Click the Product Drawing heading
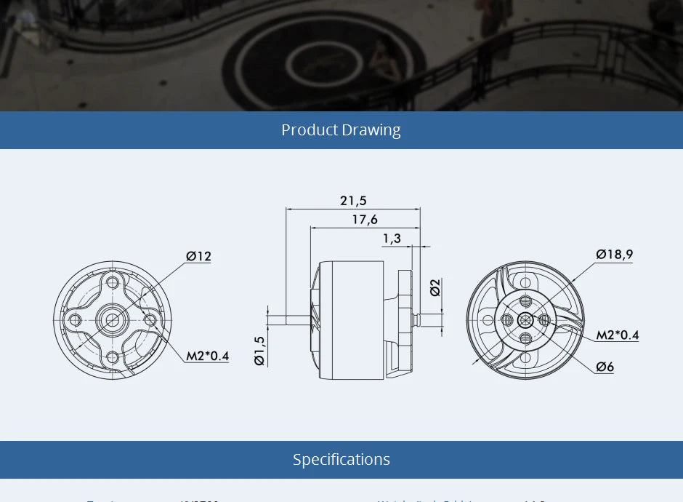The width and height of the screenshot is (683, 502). coord(341,130)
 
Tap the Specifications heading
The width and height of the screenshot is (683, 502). coord(341,460)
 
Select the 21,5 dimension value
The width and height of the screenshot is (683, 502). coord(353,201)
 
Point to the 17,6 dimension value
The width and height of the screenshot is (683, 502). coord(364,220)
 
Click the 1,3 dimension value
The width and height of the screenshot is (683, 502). coord(392,239)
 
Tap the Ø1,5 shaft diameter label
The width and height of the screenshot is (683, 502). coord(259,349)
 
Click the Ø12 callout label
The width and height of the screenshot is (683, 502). coord(198,256)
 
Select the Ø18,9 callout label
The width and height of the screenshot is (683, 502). coord(614,254)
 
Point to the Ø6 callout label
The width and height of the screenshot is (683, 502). coord(605,367)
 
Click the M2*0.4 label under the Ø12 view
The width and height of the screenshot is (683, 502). coord(207,356)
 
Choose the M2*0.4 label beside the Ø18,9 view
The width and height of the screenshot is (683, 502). coord(618,335)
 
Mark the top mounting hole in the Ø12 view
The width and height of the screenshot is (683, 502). coord(112,282)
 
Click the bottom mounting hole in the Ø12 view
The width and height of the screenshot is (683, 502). coord(112,357)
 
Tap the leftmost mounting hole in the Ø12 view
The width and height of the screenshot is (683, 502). coord(75,319)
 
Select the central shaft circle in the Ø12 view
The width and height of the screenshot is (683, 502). coord(112,319)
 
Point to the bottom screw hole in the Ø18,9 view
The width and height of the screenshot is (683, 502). coord(526,338)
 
